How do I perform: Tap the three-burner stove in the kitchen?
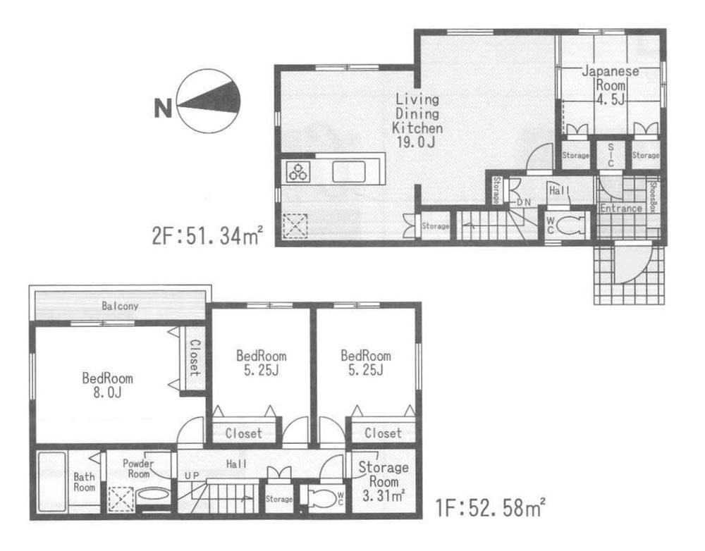point(297,171)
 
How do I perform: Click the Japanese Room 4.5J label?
point(610,85)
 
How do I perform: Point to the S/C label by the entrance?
point(611,154)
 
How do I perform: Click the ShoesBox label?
point(653,197)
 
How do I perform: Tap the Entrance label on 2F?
point(620,209)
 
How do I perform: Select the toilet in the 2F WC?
point(570,227)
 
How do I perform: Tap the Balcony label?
point(120,307)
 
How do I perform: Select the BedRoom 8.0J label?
point(106,385)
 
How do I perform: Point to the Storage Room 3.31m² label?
point(383,481)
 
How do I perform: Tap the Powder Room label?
point(137,469)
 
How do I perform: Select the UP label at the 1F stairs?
point(192,476)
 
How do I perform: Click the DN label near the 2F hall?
point(524,202)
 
